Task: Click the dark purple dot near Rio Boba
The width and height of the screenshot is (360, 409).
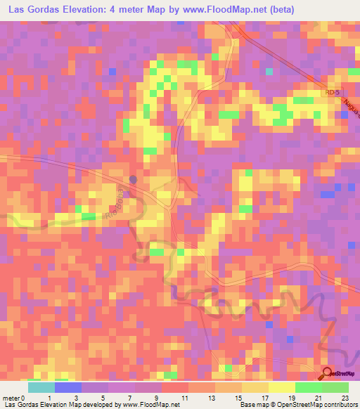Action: (x=134, y=178)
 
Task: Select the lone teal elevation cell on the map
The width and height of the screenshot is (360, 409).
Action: (x=269, y=71)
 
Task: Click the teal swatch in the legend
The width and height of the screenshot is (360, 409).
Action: (x=41, y=387)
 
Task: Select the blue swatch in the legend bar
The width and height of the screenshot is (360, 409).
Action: (x=68, y=387)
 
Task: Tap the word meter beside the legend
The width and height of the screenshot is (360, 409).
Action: (x=10, y=398)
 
